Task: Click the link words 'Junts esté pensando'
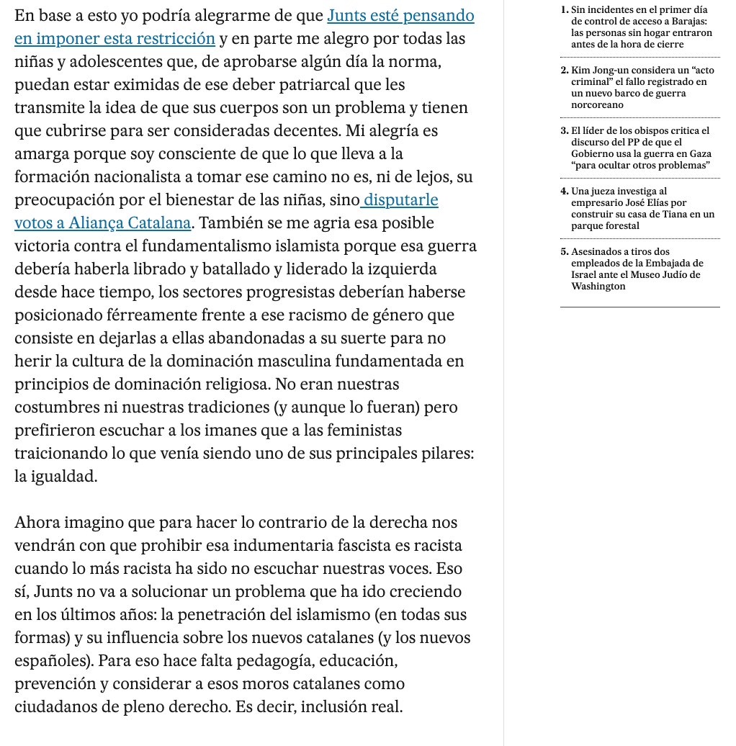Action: tap(401, 16)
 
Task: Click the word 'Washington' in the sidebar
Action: tap(598, 286)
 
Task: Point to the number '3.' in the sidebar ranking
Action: tap(564, 130)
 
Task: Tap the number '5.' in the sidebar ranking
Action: tap(564, 251)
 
